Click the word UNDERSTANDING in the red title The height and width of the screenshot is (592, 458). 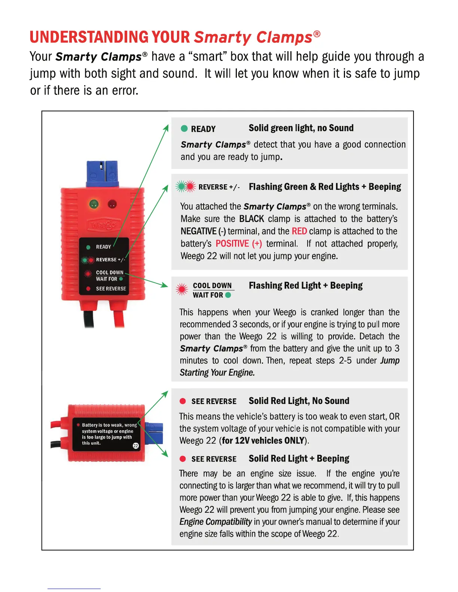click(x=89, y=37)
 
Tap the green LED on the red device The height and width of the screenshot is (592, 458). click(x=94, y=204)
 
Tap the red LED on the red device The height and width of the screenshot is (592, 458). click(x=112, y=204)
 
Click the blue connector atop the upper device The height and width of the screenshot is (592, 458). click(x=102, y=173)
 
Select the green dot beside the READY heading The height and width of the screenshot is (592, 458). click(x=184, y=129)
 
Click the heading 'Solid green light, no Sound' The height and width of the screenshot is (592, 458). click(x=301, y=128)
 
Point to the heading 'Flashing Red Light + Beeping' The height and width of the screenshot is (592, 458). click(x=305, y=286)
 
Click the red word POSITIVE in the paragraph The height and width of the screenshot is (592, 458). click(x=232, y=244)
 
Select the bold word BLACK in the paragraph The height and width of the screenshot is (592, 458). click(x=251, y=219)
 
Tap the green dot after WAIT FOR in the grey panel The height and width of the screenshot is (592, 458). click(x=228, y=295)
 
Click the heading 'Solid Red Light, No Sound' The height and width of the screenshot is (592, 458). click(x=299, y=401)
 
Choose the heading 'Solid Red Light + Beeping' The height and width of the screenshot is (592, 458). click(x=299, y=459)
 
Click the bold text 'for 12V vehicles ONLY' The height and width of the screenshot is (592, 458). click(x=263, y=441)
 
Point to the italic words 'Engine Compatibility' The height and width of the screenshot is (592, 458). click(x=216, y=522)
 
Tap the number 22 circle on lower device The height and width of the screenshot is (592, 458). click(x=135, y=445)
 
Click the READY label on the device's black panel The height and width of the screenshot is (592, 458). click(x=103, y=247)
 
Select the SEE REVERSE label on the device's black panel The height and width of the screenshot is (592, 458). click(x=111, y=289)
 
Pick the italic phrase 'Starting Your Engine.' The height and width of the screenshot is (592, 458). click(x=217, y=373)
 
